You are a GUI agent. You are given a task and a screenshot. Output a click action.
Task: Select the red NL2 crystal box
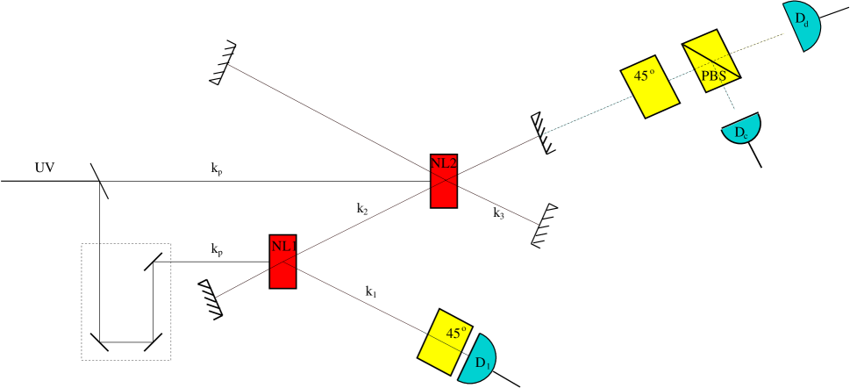(444, 189)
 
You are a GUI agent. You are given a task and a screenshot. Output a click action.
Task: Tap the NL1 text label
(282, 247)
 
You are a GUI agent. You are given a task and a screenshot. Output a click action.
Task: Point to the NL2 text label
(444, 162)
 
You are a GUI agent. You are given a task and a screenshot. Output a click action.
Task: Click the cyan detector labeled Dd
(805, 25)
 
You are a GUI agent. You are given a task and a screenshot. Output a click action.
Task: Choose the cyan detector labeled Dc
(741, 130)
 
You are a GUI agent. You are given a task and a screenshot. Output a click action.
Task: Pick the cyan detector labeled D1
(480, 360)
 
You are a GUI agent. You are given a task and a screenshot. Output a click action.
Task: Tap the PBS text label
(713, 76)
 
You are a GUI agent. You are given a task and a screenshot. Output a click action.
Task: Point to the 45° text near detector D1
(456, 334)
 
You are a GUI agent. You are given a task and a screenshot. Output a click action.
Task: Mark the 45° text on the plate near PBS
(645, 76)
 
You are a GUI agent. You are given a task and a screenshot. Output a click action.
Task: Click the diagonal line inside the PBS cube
(711, 60)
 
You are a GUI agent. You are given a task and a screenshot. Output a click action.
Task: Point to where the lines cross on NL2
(444, 176)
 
